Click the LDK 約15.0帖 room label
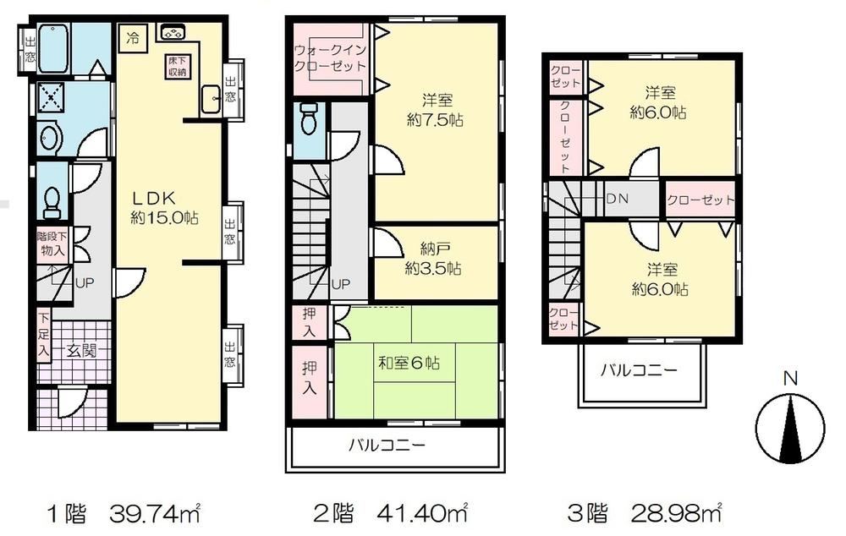pyautogui.click(x=165, y=208)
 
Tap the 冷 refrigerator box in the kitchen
pyautogui.click(x=133, y=39)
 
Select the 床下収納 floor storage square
pyautogui.click(x=176, y=66)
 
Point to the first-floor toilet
pyautogui.click(x=52, y=203)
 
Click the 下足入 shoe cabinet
pyautogui.click(x=44, y=335)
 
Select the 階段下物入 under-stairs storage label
pyautogui.click(x=52, y=243)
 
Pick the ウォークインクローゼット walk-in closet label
pyautogui.click(x=330, y=58)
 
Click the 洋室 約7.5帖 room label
pyautogui.click(x=436, y=109)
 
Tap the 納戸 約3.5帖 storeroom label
pyautogui.click(x=433, y=259)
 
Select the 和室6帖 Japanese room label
pyautogui.click(x=409, y=363)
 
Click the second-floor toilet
pyautogui.click(x=309, y=118)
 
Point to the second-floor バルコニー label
pyautogui.click(x=387, y=445)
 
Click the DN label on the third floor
pyautogui.click(x=617, y=199)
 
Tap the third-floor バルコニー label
pyautogui.click(x=639, y=370)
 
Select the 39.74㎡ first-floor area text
pyautogui.click(x=155, y=513)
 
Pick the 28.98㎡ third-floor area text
pyautogui.click(x=676, y=513)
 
